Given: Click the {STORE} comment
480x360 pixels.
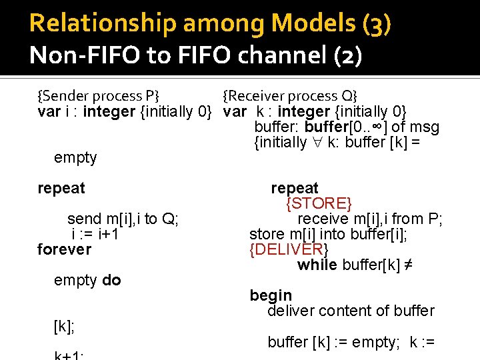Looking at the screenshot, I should point(319,203).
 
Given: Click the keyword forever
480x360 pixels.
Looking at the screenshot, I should point(64,249).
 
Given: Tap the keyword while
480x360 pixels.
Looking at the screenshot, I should point(317,265).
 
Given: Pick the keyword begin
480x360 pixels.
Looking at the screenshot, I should point(271,295).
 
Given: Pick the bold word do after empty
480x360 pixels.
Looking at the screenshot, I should point(111,281).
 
